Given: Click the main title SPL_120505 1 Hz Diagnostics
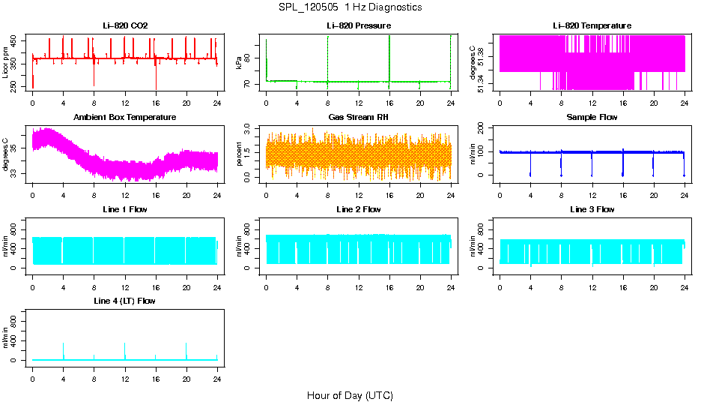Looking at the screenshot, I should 350,7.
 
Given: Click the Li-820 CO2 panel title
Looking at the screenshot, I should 125,25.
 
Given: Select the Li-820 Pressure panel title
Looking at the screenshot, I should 359,25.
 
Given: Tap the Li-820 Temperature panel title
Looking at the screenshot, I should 592,25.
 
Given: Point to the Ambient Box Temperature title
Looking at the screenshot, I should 125,118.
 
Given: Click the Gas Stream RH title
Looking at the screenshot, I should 359,118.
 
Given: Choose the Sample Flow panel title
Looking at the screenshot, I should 592,118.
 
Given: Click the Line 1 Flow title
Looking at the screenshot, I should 125,209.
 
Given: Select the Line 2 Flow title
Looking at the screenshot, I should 359,209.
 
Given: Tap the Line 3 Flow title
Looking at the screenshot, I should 592,209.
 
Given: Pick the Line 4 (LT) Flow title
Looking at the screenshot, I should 125,301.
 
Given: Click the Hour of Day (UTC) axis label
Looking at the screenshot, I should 350,395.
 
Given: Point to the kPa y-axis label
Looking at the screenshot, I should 240,63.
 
